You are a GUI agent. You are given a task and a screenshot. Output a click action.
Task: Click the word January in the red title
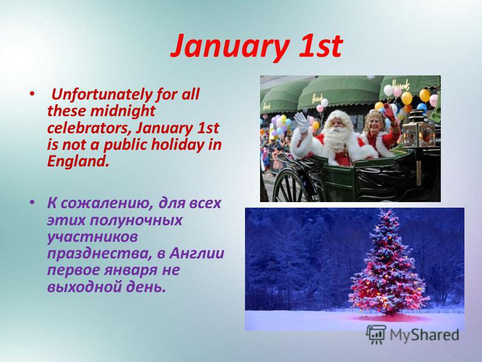(230, 46)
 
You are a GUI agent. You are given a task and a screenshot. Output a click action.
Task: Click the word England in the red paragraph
(78, 161)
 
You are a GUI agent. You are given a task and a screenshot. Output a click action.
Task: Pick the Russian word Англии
(197, 253)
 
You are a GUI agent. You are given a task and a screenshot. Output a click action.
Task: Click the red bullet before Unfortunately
(31, 93)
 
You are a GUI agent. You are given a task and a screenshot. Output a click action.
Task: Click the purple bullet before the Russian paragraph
(32, 202)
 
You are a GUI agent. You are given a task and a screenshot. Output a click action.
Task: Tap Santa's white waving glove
(302, 122)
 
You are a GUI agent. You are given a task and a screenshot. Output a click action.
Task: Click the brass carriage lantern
(418, 130)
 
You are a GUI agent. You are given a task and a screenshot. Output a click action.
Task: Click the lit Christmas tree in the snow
(389, 264)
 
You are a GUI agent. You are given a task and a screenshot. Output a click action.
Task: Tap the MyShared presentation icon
(376, 334)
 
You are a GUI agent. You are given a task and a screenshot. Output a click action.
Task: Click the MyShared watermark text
(424, 335)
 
